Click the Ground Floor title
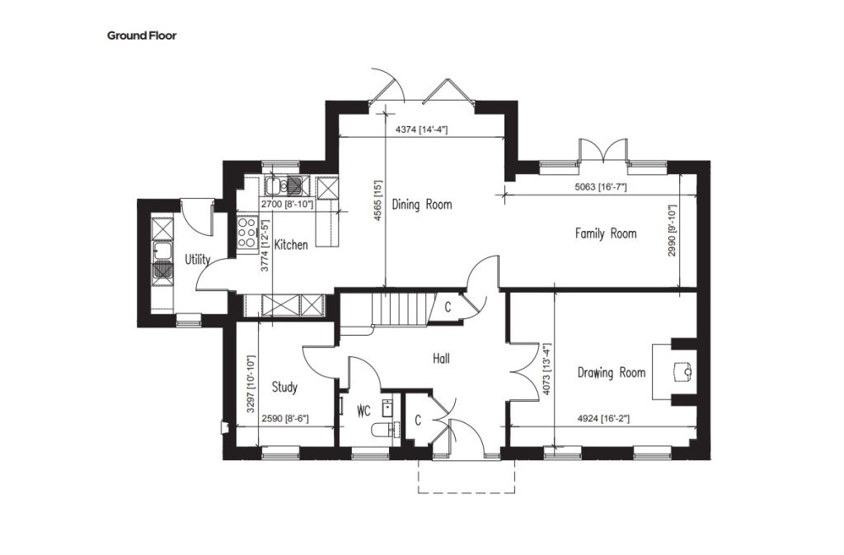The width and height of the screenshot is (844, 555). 142,36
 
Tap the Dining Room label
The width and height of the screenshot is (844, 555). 422,205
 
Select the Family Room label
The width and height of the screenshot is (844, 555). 606,233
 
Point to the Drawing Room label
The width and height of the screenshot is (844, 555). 611,373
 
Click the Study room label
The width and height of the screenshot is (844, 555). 284,387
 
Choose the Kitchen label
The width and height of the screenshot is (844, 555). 291,245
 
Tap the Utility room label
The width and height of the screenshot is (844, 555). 198,260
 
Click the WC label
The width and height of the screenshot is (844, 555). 363,412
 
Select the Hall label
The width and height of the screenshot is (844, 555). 442,359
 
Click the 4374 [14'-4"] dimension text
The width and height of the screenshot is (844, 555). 422,129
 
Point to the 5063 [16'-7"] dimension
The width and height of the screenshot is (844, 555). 601,187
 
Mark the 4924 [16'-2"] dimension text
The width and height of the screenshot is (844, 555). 603,418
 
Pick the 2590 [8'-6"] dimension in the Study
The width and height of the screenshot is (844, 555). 284,418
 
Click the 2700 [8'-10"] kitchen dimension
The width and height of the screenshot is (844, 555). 287,205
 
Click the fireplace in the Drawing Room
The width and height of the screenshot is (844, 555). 675,371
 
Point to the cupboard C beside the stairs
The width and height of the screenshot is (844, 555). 448,308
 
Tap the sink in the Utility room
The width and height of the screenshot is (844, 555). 162,260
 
